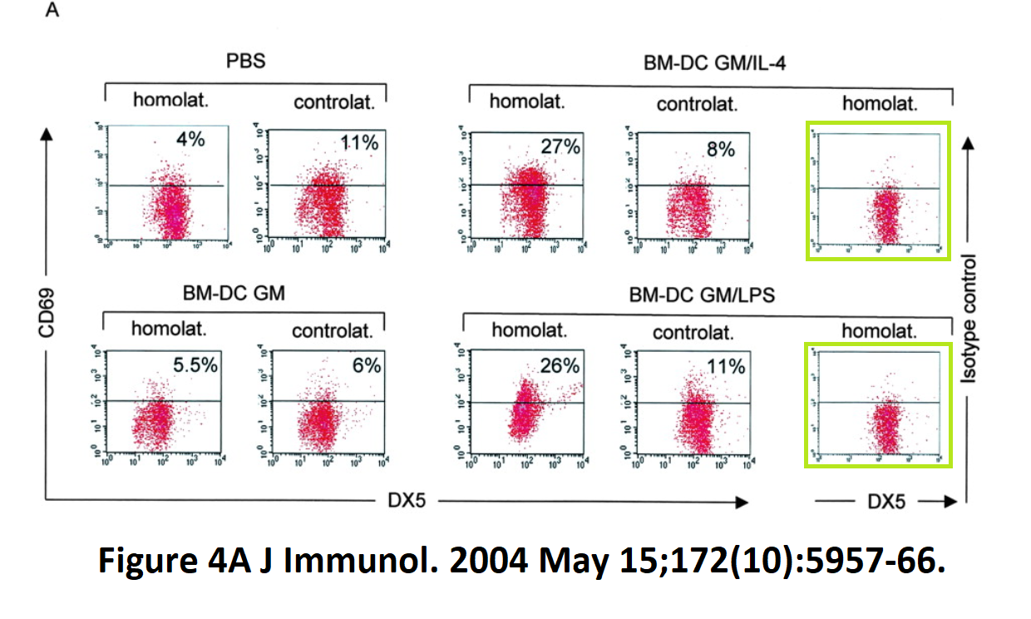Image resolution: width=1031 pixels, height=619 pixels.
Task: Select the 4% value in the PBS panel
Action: (x=190, y=139)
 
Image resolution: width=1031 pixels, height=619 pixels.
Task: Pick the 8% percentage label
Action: (x=720, y=149)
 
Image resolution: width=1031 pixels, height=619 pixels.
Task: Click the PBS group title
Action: (x=246, y=62)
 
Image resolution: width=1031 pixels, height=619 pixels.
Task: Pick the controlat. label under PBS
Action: (x=335, y=103)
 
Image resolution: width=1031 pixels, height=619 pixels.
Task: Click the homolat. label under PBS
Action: (x=171, y=102)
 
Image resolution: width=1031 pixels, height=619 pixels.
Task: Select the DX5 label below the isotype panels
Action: (x=886, y=502)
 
